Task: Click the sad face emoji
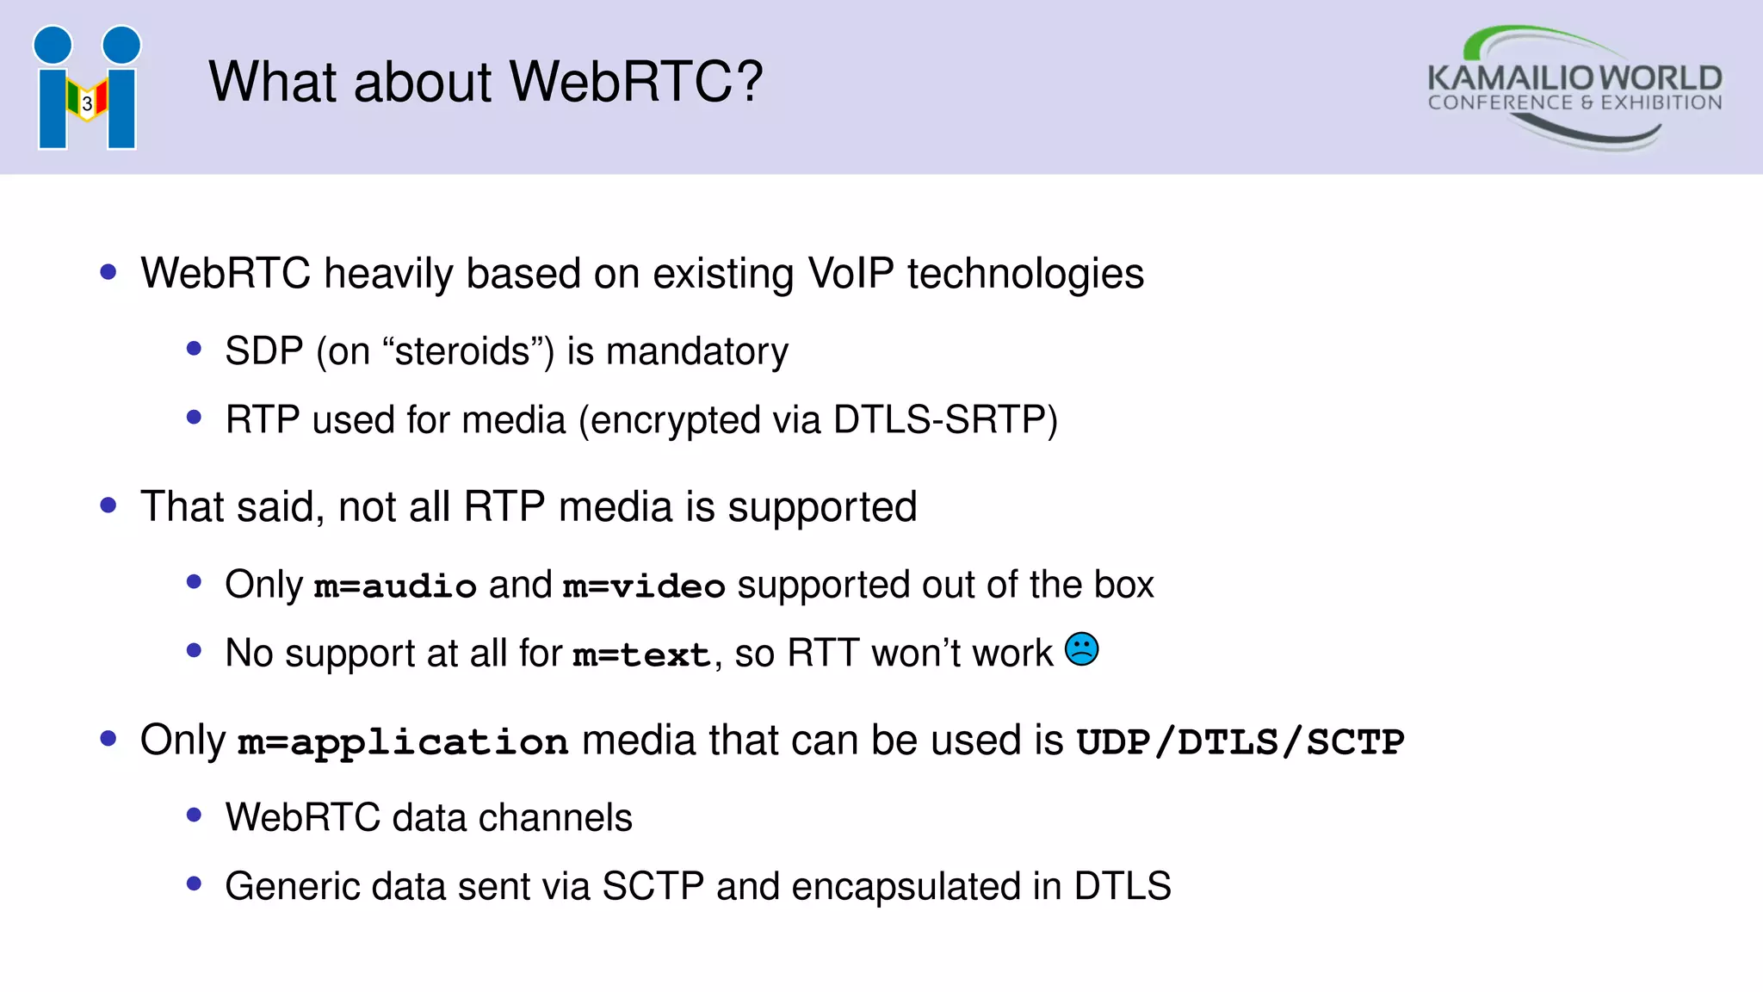1082,648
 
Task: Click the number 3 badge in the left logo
87,104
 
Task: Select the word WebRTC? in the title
636,82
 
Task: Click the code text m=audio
395,586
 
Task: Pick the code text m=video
644,586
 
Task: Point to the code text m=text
641,655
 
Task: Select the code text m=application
403,742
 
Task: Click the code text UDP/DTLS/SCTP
1240,742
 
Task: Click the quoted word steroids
462,351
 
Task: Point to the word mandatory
696,351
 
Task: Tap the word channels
555,818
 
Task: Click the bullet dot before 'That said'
108,505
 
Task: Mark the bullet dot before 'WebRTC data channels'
194,815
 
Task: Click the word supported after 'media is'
822,507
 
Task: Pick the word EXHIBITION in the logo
1661,103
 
